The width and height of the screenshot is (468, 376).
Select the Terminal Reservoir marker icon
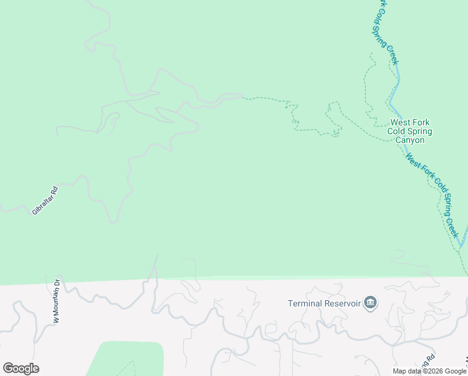[x=370, y=303]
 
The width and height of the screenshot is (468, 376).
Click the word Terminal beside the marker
[x=305, y=304]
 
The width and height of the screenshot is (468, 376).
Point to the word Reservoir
[x=343, y=304]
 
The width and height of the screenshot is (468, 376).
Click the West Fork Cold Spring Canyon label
[x=410, y=132]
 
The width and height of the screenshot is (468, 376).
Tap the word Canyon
[x=410, y=140]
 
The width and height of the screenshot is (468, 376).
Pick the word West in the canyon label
[x=400, y=123]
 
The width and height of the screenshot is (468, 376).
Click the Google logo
[x=21, y=368]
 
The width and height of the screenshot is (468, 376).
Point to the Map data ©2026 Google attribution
[x=429, y=371]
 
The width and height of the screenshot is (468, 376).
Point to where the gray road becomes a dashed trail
[x=243, y=97]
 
